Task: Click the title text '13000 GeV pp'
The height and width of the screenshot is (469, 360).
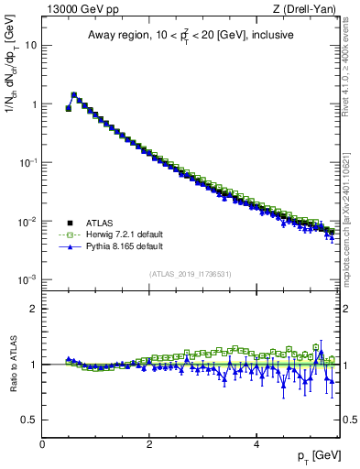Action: click(79, 10)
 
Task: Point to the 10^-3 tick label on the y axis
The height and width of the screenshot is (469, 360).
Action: click(27, 279)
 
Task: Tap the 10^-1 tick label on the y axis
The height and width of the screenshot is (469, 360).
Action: click(27, 162)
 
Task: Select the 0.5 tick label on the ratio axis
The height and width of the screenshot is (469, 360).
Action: click(28, 420)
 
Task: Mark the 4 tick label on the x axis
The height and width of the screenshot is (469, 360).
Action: click(256, 444)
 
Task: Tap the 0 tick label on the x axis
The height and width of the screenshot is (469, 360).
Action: click(42, 444)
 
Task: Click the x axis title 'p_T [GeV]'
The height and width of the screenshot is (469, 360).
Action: click(318, 456)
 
